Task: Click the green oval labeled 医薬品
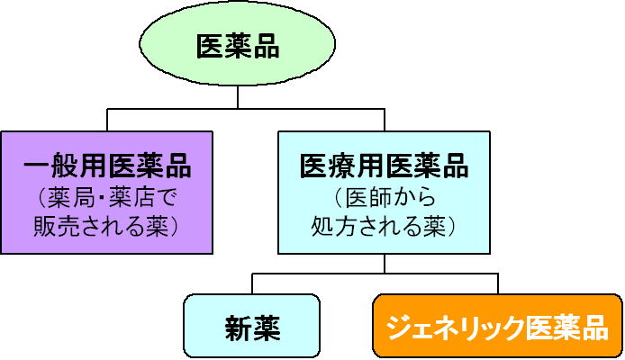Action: (237, 46)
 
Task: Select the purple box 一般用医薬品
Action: (106, 192)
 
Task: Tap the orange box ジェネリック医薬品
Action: (496, 326)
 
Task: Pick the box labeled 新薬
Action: (251, 326)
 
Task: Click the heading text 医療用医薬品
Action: (385, 166)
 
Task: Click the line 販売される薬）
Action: (106, 224)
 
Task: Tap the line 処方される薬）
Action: (385, 224)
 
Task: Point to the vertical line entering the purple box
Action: (107, 121)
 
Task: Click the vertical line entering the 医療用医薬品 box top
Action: (385, 121)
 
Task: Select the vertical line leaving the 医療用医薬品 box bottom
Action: (385, 263)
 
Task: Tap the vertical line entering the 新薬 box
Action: (252, 283)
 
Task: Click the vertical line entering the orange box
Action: (497, 283)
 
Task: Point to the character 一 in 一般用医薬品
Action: (37, 166)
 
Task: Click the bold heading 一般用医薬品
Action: (106, 166)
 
